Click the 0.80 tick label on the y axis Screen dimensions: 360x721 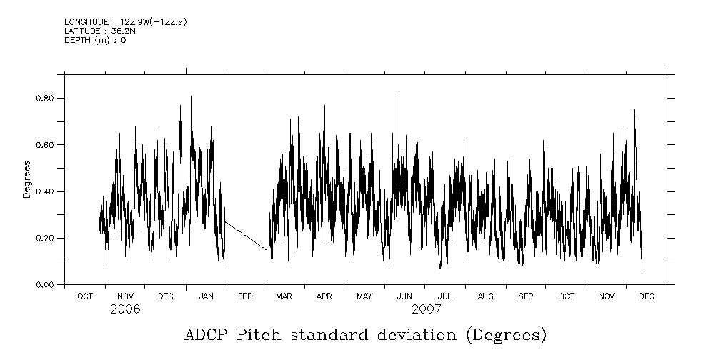[x=46, y=98]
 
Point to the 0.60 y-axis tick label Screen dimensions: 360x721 [x=46, y=144]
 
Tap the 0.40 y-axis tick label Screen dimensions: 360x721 [x=46, y=191]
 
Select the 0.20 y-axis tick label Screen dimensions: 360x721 [x=46, y=238]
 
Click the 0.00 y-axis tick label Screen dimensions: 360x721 [x=46, y=285]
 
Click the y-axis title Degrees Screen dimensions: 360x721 [x=26, y=180]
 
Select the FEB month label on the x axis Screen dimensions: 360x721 [x=245, y=296]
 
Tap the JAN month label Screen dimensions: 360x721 [x=206, y=296]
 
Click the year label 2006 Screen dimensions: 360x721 [x=125, y=309]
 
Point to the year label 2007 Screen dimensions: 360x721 [x=427, y=309]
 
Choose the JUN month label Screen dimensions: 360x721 [x=404, y=296]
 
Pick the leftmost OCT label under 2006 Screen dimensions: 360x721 [x=84, y=296]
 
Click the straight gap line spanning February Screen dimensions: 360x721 [x=247, y=236]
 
